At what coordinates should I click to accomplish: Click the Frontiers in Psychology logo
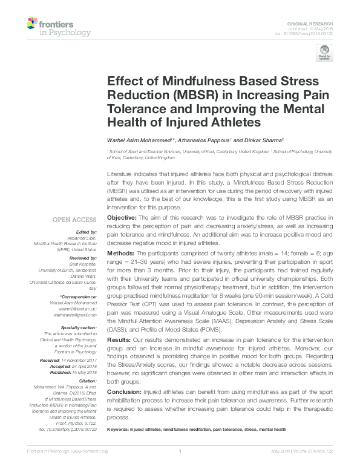click(x=59, y=27)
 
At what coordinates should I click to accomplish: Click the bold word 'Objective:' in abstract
click(x=122, y=217)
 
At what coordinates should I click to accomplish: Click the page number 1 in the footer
click(x=180, y=468)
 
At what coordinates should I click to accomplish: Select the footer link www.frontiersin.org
click(x=90, y=468)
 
